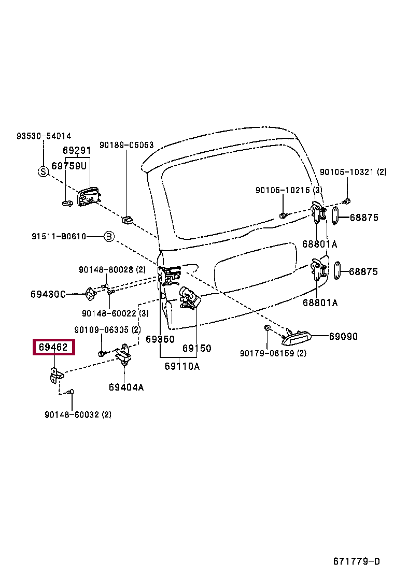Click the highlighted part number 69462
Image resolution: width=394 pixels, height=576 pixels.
click(x=54, y=347)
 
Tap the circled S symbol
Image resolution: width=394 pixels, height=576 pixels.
click(x=43, y=172)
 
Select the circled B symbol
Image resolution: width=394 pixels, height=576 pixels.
click(x=108, y=237)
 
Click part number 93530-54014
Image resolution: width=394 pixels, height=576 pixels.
click(x=44, y=136)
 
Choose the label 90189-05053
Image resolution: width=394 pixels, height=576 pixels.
click(x=126, y=145)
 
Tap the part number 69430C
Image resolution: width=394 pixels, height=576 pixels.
click(x=48, y=294)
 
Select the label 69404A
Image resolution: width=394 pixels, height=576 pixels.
click(x=126, y=387)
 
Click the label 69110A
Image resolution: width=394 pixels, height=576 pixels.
click(x=182, y=366)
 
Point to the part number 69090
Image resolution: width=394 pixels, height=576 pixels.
click(x=343, y=336)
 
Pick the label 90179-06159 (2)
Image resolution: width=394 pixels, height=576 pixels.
click(x=273, y=353)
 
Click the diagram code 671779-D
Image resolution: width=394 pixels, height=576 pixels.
click(x=356, y=561)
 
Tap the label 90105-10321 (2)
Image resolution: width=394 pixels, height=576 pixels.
click(x=353, y=172)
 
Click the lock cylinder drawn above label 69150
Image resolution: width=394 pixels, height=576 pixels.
click(x=190, y=299)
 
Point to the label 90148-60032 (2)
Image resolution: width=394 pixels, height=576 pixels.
click(x=78, y=414)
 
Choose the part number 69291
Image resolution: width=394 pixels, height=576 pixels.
click(x=77, y=151)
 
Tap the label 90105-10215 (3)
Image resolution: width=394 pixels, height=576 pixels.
click(x=289, y=191)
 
